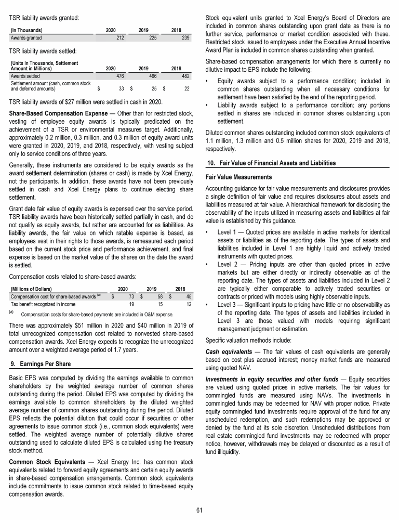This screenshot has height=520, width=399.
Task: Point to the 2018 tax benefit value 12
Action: click(189, 304)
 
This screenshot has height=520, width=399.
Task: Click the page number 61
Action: click(199, 510)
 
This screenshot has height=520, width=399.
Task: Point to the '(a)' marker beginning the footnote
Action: click(13, 313)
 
